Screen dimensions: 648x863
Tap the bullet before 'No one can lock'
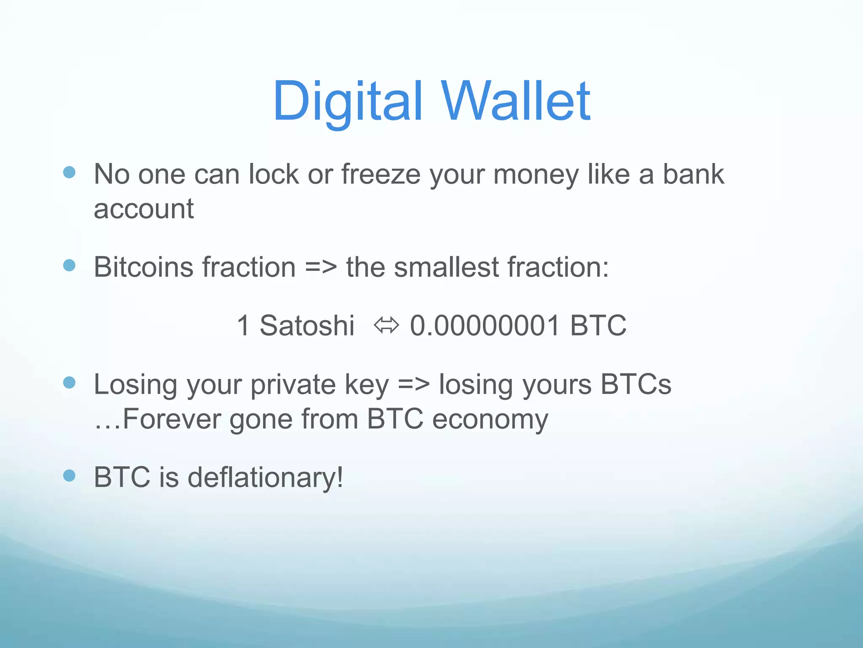coord(69,172)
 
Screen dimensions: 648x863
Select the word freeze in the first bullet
coord(381,174)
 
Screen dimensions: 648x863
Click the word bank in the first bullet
coord(693,174)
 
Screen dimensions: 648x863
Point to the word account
coord(143,209)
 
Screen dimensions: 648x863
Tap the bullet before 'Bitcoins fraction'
coord(69,265)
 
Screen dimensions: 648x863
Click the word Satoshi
coord(307,326)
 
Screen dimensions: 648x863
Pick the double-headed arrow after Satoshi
coord(386,326)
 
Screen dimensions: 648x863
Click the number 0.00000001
coord(485,326)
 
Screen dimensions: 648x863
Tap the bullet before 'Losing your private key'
coord(69,383)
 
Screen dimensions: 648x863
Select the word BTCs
coord(635,385)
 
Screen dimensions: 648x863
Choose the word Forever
coord(172,419)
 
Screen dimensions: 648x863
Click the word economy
coord(490,420)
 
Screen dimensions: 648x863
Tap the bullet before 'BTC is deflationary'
coord(69,476)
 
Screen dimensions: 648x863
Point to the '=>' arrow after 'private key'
coord(414,385)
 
